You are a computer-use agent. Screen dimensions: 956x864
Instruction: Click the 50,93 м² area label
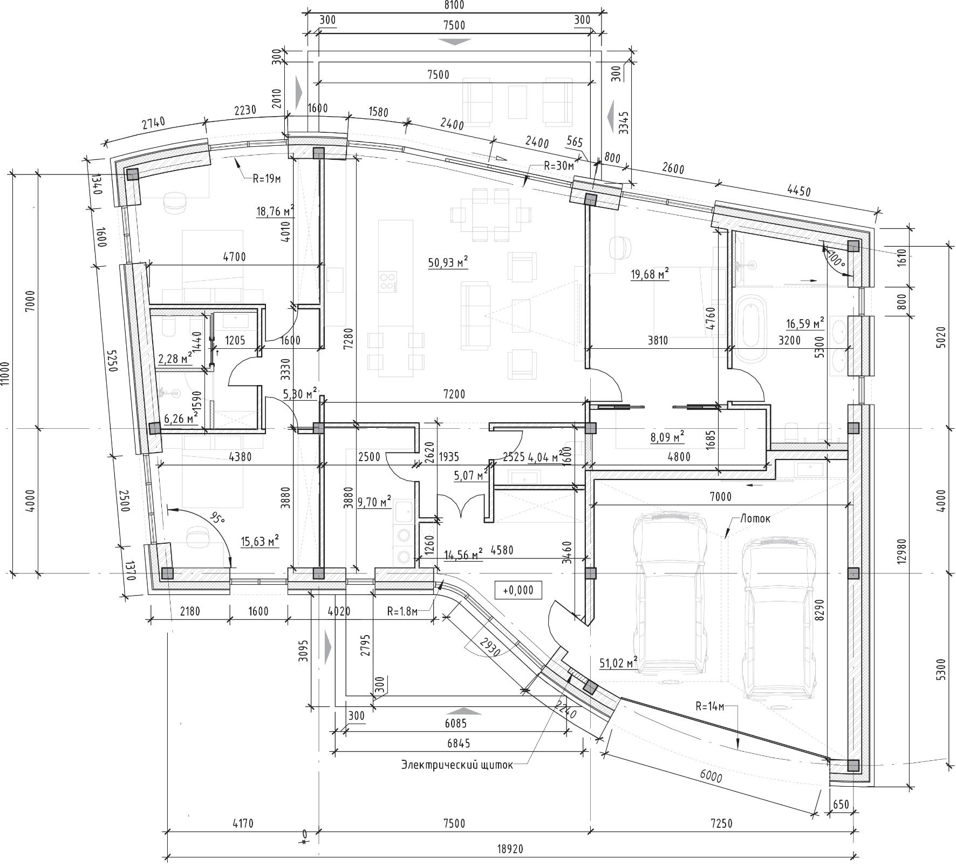pyautogui.click(x=448, y=263)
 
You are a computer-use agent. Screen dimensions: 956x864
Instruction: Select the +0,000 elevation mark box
pyautogui.click(x=518, y=590)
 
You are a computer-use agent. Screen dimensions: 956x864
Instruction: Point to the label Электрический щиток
pyautogui.click(x=457, y=765)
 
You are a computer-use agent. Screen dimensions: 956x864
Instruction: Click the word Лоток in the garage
pyautogui.click(x=755, y=518)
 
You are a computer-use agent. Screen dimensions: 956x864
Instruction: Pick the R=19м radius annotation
pyautogui.click(x=268, y=178)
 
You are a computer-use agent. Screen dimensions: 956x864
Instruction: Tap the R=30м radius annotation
pyautogui.click(x=559, y=166)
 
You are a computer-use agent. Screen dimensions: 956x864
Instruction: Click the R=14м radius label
pyautogui.click(x=709, y=706)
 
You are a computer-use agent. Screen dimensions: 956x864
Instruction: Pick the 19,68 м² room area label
pyautogui.click(x=650, y=274)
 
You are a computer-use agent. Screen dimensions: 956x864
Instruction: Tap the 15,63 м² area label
pyautogui.click(x=260, y=541)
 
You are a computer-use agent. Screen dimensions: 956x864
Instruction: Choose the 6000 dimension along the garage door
pyautogui.click(x=711, y=777)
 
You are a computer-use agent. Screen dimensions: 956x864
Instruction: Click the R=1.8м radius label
pyautogui.click(x=402, y=611)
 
